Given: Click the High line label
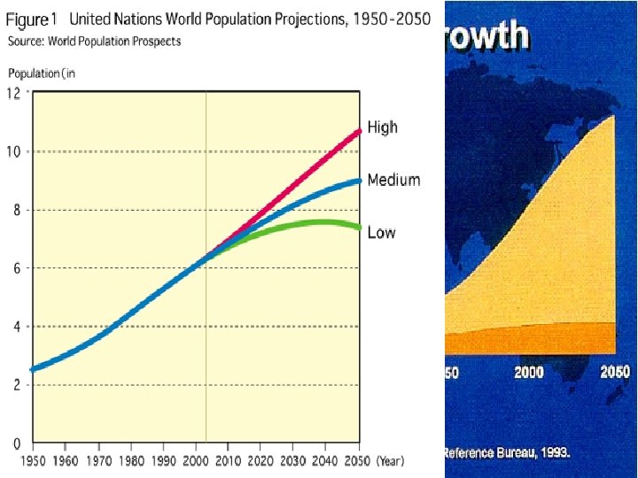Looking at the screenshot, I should coord(382,127).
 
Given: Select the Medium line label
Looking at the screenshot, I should coord(393,180).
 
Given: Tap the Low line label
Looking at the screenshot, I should coord(381,233).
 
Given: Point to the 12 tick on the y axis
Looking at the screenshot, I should coord(15,94).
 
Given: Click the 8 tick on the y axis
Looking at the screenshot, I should coord(15,211).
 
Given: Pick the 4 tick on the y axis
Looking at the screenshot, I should coord(15,327).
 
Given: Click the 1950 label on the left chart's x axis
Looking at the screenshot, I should coord(33,460).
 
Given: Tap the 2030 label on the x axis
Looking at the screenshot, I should coord(294,460).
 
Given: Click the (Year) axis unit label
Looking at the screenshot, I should coord(391,460).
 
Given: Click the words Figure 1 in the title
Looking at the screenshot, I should coord(33,19).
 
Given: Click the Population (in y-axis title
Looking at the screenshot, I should coord(42,73).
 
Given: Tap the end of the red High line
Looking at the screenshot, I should coord(359,131).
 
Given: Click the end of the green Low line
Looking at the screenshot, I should coord(359,227).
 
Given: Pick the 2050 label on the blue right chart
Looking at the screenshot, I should coord(614,374).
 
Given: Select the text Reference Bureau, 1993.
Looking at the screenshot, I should coord(507,452).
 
